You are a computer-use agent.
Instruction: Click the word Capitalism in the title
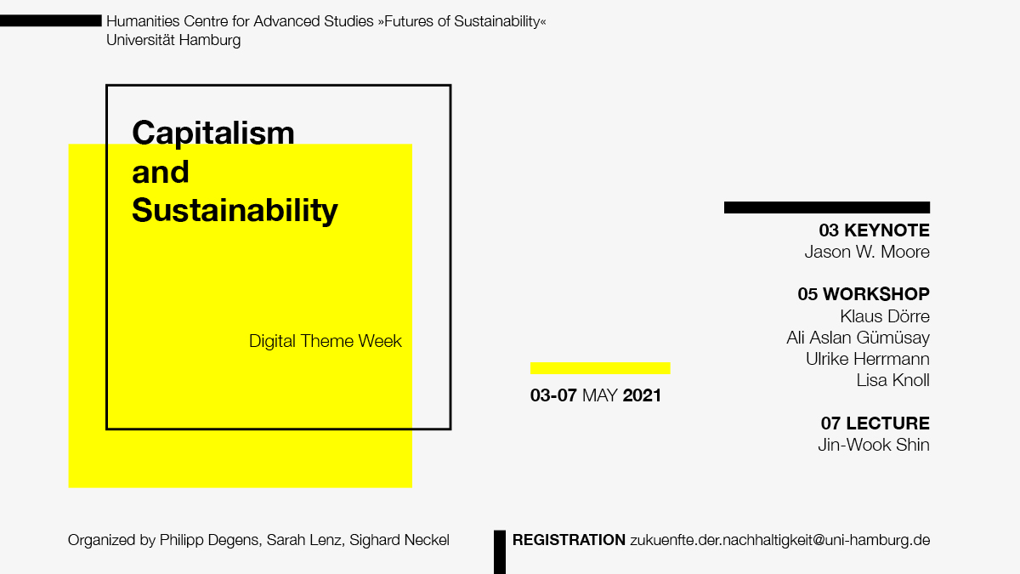click(x=213, y=134)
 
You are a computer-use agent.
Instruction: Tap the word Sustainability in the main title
click(x=235, y=211)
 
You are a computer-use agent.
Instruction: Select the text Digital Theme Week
click(x=325, y=341)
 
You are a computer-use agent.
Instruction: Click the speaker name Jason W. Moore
click(x=867, y=252)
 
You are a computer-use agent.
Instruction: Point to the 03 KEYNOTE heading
click(x=875, y=230)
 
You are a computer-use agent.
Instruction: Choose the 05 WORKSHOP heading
click(x=864, y=294)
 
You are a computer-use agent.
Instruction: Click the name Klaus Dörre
click(x=885, y=316)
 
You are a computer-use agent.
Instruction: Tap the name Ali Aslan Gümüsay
click(x=858, y=338)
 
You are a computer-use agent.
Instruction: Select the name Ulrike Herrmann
click(x=868, y=359)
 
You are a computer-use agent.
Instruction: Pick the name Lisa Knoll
click(x=893, y=380)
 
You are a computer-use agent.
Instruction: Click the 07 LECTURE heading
click(x=875, y=423)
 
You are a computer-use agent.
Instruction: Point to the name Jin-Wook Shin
click(x=874, y=445)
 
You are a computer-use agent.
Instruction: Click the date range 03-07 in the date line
click(x=553, y=395)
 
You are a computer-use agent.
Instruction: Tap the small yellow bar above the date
click(x=600, y=368)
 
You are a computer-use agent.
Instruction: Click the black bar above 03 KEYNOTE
click(x=827, y=207)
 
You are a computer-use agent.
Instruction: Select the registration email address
click(x=780, y=540)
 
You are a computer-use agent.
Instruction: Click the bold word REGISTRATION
click(x=569, y=540)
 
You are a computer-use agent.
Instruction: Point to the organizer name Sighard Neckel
click(x=399, y=540)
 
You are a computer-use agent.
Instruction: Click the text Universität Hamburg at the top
click(x=173, y=40)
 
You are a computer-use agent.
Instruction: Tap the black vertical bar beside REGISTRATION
click(x=500, y=552)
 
